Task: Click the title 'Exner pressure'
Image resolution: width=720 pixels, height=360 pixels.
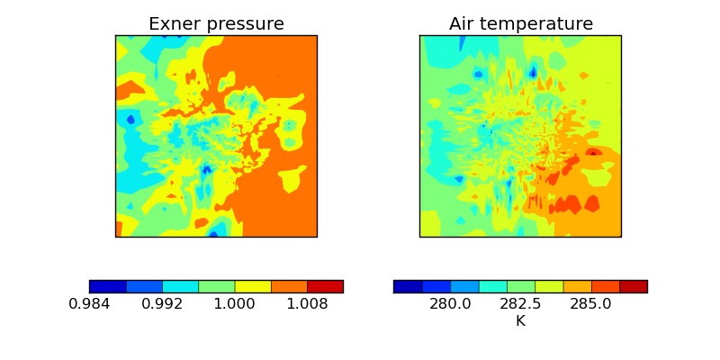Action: tap(216, 24)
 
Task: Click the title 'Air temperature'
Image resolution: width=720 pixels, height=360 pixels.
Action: tap(521, 24)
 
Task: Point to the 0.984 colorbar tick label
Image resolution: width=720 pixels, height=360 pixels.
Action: tap(89, 304)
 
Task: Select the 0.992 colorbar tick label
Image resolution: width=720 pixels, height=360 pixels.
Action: tap(162, 304)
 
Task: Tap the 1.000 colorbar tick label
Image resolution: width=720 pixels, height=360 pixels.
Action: tap(235, 304)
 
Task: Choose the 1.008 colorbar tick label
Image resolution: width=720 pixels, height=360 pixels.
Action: tap(307, 304)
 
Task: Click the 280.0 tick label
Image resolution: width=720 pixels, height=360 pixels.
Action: tap(450, 304)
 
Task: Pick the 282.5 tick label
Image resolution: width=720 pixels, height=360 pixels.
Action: tap(520, 304)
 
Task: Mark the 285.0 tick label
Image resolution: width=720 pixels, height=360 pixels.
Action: tap(591, 304)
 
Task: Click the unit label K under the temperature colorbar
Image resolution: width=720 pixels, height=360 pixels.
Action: tap(520, 320)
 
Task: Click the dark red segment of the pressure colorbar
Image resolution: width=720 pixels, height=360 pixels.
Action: tap(325, 286)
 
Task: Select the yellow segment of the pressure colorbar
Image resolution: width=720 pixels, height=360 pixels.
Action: tap(253, 286)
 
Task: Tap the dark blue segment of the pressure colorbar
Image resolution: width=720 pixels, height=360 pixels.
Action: tap(108, 286)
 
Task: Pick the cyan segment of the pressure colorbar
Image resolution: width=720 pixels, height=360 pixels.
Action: tap(180, 286)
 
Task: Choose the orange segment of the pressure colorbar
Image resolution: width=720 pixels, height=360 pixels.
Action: tap(289, 286)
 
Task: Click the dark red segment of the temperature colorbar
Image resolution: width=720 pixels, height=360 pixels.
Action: tap(633, 286)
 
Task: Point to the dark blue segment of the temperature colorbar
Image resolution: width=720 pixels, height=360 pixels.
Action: tap(408, 286)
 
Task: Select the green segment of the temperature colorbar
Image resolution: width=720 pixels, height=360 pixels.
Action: tap(520, 286)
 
